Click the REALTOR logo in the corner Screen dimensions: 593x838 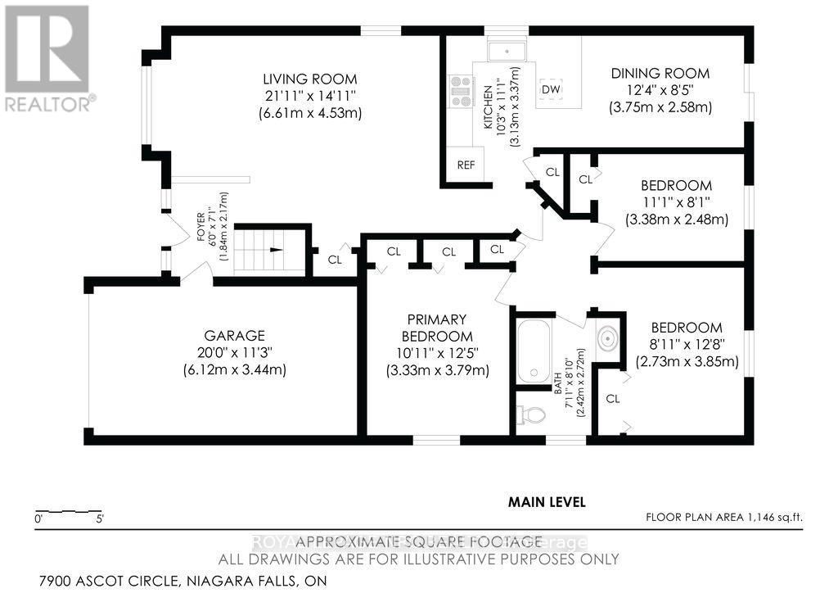[47, 57]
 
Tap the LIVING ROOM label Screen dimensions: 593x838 [309, 79]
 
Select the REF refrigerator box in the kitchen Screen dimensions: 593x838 [466, 165]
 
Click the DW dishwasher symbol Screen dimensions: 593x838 [551, 89]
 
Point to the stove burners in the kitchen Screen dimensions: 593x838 [460, 92]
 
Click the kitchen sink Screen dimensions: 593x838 [508, 51]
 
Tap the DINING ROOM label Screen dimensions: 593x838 [660, 74]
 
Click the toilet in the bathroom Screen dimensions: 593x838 [531, 414]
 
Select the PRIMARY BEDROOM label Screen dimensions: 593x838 [437, 328]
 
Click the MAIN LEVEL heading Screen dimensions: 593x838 [547, 502]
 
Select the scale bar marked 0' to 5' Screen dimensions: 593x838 [69, 510]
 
